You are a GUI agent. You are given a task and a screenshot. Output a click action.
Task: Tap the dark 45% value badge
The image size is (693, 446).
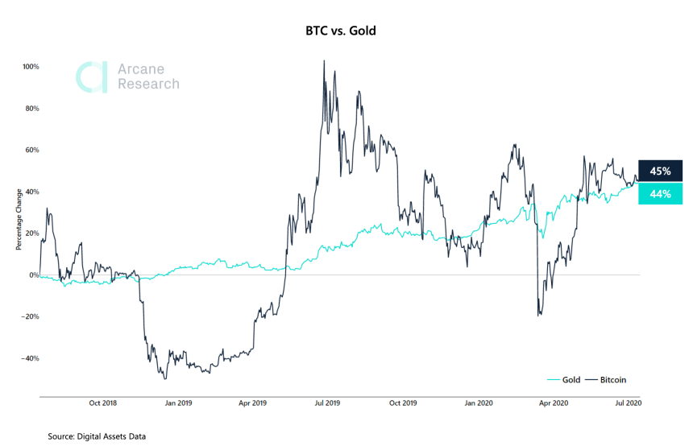660,171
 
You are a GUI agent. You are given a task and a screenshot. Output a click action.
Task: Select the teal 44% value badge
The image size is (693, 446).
660,194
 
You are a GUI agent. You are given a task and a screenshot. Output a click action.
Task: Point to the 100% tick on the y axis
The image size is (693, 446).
29,67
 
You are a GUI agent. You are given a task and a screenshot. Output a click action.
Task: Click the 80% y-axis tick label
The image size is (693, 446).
31,109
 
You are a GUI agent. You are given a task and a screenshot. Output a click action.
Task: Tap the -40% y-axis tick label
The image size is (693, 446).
29,359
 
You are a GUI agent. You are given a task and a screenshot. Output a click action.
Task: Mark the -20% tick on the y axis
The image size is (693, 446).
29,317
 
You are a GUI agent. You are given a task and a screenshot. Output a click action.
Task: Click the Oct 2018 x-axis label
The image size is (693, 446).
102,403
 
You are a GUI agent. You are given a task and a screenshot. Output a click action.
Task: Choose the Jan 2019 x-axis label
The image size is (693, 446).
178,403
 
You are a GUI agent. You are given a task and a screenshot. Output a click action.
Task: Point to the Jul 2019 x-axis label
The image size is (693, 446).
326,403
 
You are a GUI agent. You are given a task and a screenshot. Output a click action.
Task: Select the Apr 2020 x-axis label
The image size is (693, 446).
554,403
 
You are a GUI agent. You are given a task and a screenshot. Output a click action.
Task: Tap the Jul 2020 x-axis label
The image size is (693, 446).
628,403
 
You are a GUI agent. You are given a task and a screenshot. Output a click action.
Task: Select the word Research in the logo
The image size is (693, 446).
148,84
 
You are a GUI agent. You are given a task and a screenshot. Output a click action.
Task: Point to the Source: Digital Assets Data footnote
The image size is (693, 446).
97,436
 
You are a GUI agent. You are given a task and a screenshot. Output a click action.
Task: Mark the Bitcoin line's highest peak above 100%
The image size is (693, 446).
324,60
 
